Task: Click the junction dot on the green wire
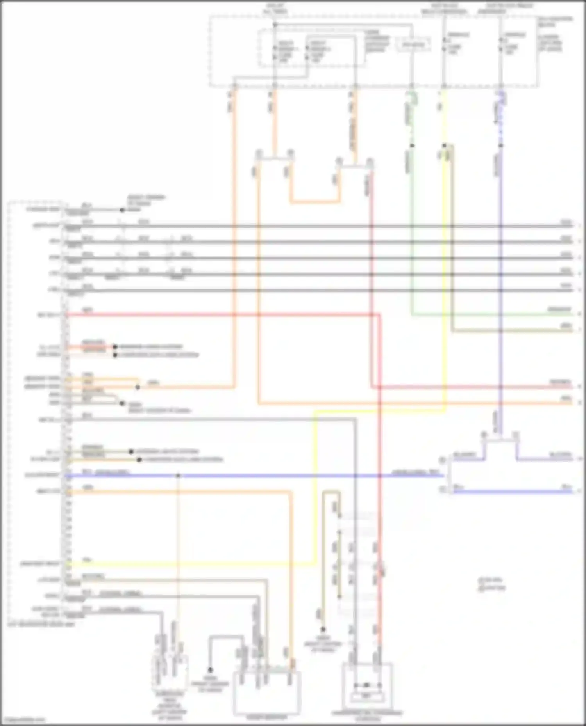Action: pos(412,146)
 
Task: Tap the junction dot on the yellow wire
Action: pos(444,146)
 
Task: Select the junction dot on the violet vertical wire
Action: pos(501,146)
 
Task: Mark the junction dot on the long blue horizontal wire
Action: pos(178,476)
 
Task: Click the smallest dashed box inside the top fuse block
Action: pos(413,44)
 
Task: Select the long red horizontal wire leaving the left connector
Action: pos(219,314)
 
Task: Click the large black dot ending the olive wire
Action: pos(323,629)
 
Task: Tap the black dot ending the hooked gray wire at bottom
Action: pos(210,669)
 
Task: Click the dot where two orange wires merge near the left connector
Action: pos(138,387)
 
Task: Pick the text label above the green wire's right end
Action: pos(559,309)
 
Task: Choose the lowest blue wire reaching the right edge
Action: pos(512,492)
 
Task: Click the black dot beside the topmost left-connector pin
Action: pos(122,210)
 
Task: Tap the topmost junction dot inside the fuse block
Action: pos(275,25)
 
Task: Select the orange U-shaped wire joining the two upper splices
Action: pos(314,202)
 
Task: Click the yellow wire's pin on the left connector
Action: pos(68,564)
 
